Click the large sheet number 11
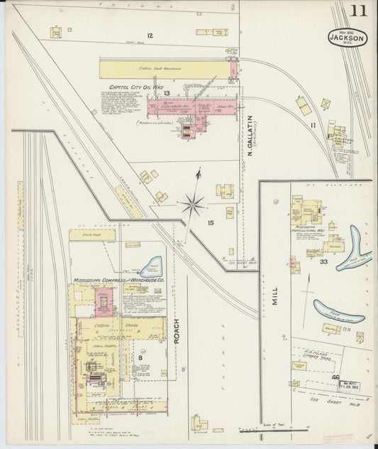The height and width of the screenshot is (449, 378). [357, 11]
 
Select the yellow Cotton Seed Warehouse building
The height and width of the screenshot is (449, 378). [167, 70]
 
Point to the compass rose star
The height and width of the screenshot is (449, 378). [192, 206]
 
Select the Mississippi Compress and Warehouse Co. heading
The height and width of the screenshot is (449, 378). [118, 281]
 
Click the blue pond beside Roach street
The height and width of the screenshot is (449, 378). [152, 267]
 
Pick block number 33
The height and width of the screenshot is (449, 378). [323, 262]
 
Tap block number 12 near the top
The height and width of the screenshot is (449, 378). [150, 36]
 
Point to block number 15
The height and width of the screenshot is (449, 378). [210, 223]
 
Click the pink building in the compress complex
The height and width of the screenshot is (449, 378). [104, 302]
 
